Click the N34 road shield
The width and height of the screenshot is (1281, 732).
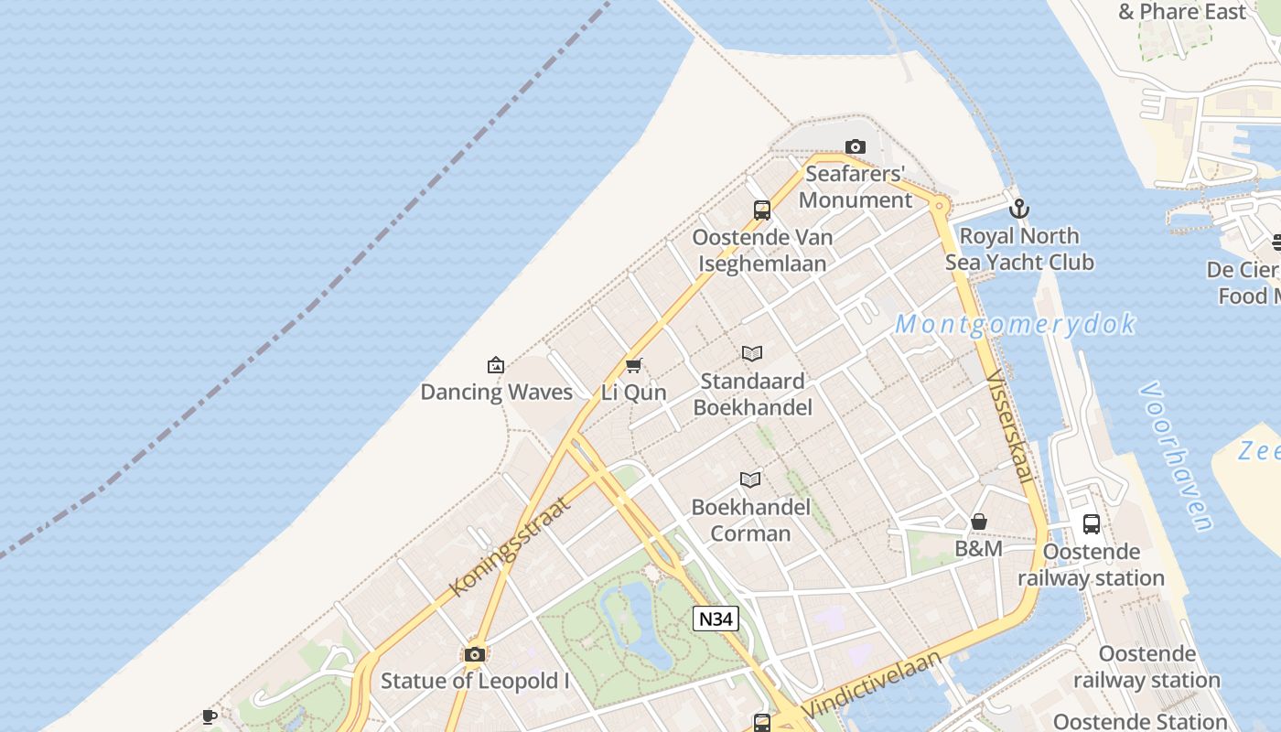click(716, 619)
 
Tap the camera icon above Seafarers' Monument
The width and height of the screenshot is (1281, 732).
click(856, 146)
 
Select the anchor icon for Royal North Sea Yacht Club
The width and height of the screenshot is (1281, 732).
click(1019, 209)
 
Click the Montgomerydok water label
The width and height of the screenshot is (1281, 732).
click(1016, 324)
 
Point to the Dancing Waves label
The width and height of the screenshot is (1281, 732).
click(496, 393)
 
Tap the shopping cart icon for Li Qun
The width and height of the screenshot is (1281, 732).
click(633, 366)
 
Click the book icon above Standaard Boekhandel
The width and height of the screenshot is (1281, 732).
click(752, 353)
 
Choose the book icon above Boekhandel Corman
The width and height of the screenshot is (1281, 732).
click(750, 479)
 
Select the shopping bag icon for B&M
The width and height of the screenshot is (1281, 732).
click(979, 522)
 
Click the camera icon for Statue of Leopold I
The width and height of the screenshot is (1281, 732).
click(474, 654)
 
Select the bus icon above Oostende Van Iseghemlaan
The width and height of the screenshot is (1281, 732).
click(762, 210)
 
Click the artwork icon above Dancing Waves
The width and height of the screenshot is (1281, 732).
click(496, 365)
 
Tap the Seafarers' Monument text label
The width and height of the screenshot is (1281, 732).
click(856, 187)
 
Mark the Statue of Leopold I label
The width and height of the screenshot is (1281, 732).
click(475, 681)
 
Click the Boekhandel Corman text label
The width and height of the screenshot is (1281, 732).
click(751, 520)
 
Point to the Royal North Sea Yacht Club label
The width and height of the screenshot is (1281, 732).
click(1019, 249)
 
